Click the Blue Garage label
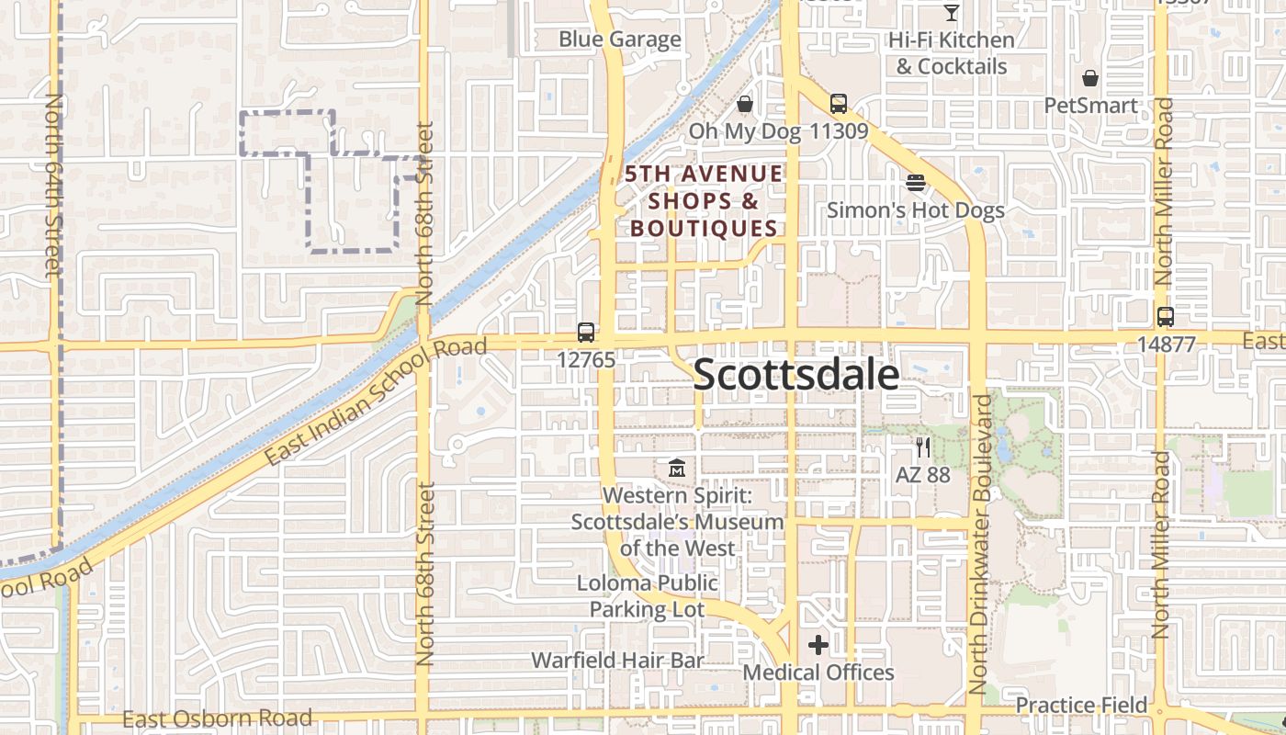620,40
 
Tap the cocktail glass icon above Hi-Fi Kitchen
952,13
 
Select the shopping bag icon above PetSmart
1090,78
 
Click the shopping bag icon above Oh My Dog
745,104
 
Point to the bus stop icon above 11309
839,104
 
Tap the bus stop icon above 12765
586,333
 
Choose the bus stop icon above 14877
1166,317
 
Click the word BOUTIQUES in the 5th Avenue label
704,228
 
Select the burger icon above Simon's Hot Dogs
915,183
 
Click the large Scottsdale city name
796,375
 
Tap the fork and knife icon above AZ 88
923,448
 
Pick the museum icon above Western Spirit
678,468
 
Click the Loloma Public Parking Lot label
648,596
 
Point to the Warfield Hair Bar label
617,660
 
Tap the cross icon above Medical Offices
818,645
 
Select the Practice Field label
1081,705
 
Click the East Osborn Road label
217,718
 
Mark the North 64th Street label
52,184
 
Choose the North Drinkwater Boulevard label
981,544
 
